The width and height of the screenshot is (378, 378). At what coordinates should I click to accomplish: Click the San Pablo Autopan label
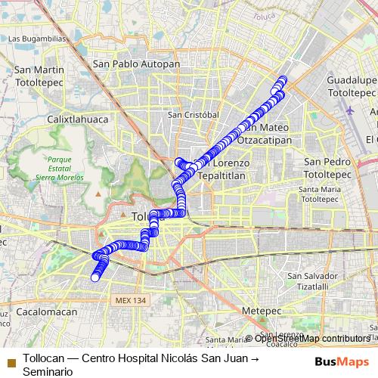point(136,64)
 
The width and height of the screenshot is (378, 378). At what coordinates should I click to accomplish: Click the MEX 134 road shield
point(130,300)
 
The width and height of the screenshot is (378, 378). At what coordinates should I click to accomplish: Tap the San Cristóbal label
point(193,115)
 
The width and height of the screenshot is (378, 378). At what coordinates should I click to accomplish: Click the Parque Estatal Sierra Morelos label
point(58,168)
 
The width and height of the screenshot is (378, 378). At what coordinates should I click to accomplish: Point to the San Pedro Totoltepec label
point(327,168)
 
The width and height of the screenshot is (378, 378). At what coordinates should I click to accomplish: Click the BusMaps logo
point(342,361)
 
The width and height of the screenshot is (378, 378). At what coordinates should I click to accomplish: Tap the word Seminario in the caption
point(48,371)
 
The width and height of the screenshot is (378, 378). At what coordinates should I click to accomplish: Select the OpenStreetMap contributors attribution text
point(311,339)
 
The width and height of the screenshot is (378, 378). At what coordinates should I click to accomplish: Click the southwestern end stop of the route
point(95,277)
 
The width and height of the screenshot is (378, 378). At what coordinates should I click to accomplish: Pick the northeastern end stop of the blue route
point(283,79)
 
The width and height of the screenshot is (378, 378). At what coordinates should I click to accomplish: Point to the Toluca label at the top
point(265,15)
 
